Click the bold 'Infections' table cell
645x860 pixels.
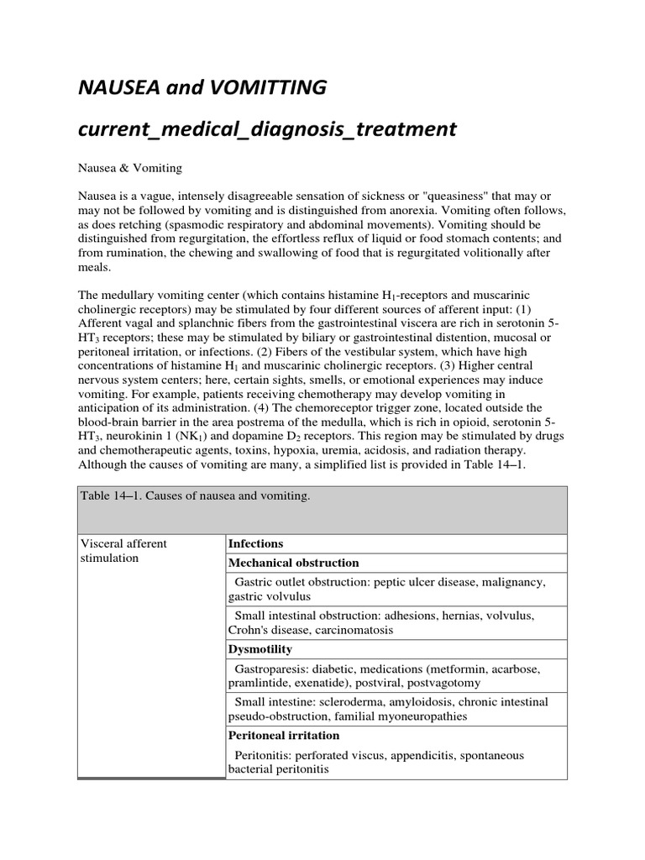pos(255,543)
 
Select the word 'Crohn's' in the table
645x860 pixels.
pos(249,629)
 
